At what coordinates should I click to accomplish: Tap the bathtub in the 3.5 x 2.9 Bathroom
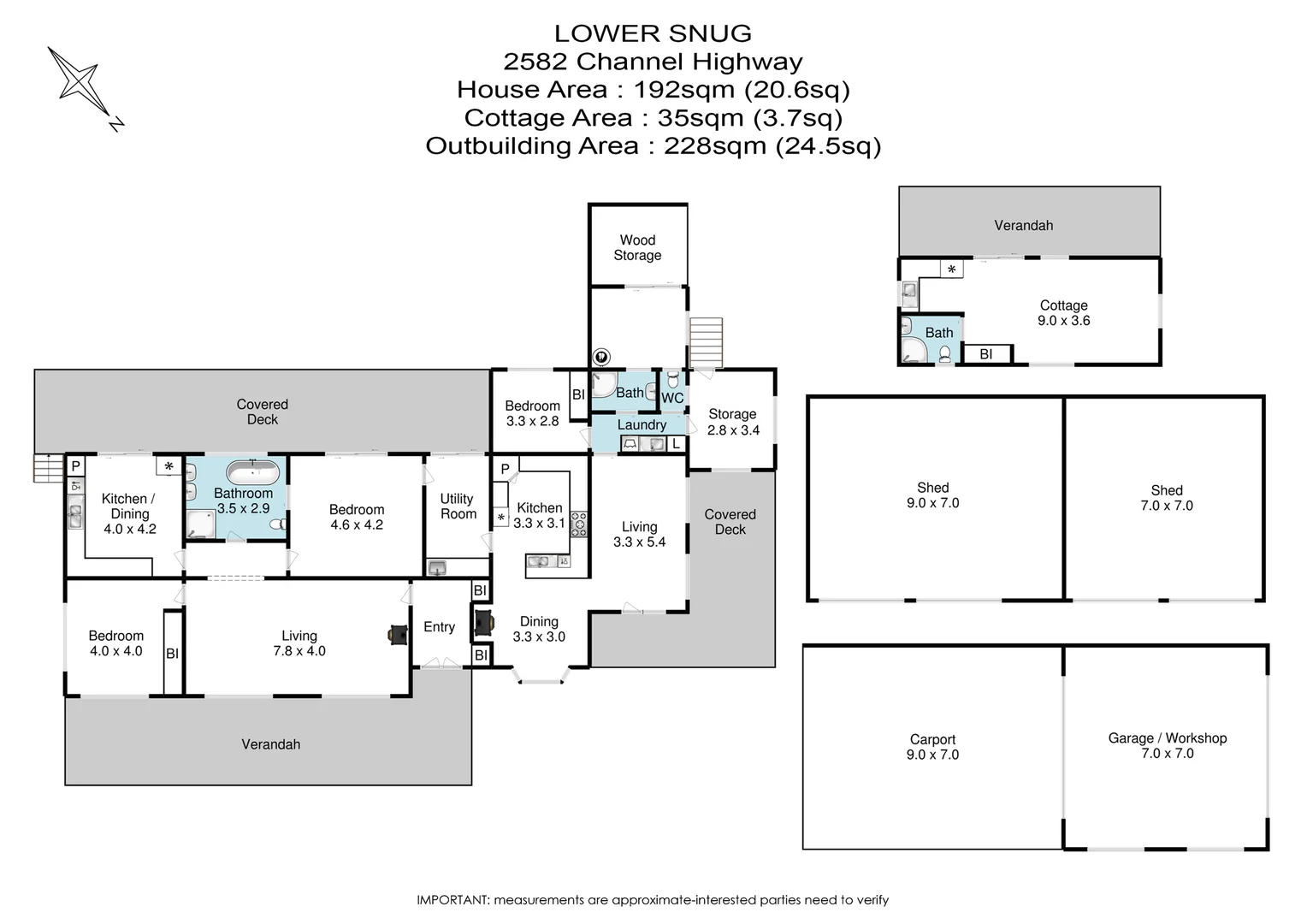click(253, 472)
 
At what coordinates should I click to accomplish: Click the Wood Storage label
click(637, 247)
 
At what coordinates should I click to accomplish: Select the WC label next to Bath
click(672, 398)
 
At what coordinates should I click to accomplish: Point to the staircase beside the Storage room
click(706, 342)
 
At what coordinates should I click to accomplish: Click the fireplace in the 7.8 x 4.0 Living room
click(399, 635)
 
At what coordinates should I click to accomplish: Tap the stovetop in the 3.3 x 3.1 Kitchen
click(579, 524)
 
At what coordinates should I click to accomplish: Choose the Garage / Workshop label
click(1167, 737)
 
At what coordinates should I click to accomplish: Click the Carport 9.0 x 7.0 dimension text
click(932, 754)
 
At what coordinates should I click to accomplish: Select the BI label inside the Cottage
click(985, 353)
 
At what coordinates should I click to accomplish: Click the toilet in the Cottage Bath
click(944, 353)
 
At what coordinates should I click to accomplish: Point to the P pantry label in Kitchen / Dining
click(75, 465)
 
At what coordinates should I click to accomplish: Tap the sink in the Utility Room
click(437, 567)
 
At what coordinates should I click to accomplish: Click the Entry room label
click(439, 627)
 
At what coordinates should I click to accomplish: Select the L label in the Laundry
click(675, 444)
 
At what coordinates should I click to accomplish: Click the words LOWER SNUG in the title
click(653, 33)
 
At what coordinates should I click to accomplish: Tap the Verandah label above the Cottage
click(1023, 225)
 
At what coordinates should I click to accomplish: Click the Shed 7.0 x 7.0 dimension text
click(1167, 506)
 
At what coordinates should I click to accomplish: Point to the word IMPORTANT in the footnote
click(452, 899)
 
